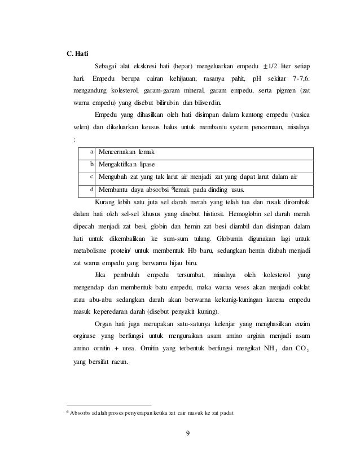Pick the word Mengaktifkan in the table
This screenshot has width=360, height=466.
click(x=120, y=165)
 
